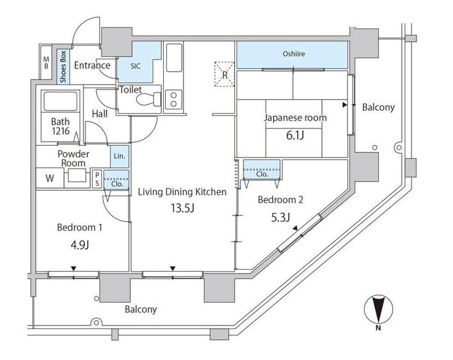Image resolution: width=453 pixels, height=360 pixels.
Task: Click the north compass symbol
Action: (378, 309)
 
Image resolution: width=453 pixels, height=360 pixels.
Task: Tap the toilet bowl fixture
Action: (149, 99)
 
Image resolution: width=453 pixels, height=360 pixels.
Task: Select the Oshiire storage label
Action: (294, 54)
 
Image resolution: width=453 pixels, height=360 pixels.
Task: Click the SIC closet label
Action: (135, 66)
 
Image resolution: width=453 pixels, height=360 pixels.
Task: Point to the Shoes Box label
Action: (63, 67)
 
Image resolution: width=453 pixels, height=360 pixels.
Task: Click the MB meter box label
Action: (46, 62)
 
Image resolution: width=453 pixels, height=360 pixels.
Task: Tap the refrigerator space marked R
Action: (224, 74)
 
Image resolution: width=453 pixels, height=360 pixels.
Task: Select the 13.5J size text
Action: (182, 208)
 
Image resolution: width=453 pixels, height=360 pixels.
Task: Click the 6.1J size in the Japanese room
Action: (295, 135)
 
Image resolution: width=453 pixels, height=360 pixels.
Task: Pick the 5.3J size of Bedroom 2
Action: (280, 218)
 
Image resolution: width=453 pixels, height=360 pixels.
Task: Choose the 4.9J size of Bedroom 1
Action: (80, 245)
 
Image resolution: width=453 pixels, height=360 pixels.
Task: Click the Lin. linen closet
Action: (119, 156)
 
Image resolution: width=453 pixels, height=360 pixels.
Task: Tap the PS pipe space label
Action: (97, 179)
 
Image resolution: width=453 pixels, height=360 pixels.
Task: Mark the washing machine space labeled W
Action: (49, 178)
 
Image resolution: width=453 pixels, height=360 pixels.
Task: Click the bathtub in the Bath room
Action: (61, 101)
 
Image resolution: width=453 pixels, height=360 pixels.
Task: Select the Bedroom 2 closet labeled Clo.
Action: (262, 170)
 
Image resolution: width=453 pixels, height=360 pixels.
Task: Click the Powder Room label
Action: (74, 158)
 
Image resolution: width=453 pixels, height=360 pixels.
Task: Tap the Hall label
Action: (99, 114)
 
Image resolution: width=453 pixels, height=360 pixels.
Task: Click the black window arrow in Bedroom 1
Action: (74, 269)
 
